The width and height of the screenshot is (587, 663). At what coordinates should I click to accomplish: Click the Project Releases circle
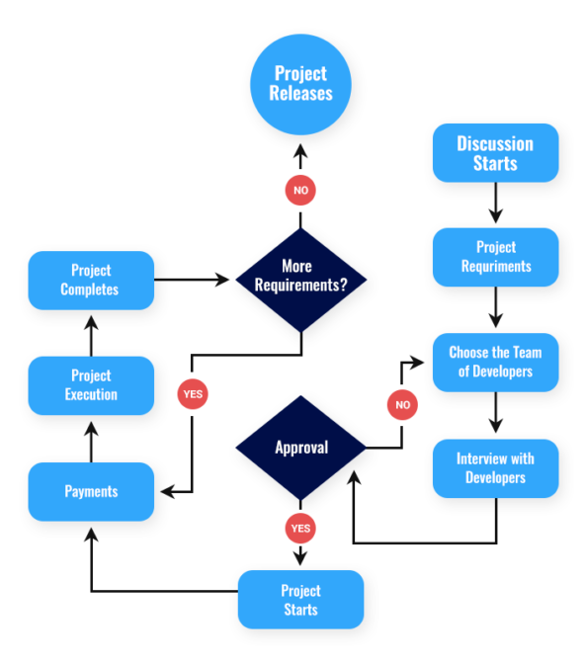point(301,83)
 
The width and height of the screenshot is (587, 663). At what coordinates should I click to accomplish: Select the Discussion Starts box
point(495,153)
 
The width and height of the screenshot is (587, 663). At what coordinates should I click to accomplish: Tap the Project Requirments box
point(495,257)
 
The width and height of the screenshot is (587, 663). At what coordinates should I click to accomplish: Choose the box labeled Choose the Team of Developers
point(495,362)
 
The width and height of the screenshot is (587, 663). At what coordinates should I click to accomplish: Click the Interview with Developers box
point(495,468)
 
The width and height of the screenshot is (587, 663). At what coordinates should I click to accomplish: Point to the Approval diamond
point(301,448)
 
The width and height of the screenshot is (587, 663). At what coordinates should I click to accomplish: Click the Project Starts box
point(300,600)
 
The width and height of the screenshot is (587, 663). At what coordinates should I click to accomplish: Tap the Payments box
point(91,491)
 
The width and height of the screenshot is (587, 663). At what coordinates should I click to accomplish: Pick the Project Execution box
point(91,385)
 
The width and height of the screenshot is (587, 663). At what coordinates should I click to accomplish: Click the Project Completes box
point(91,280)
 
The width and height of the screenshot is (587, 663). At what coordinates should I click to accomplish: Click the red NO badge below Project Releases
point(300,190)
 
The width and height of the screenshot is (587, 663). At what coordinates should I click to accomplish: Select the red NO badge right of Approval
point(402,404)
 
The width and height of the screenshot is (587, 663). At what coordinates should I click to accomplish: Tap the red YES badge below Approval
point(300,529)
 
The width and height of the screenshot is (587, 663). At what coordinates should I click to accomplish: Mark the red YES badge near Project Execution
point(193,393)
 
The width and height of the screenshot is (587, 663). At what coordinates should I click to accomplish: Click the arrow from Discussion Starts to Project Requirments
point(495,205)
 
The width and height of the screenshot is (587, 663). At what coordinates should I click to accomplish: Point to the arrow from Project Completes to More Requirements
point(193,280)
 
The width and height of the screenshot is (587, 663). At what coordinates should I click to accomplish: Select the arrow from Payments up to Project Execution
point(91,441)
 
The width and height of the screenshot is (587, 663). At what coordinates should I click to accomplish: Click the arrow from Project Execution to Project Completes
point(91,334)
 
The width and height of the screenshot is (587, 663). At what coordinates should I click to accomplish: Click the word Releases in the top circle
point(301,94)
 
